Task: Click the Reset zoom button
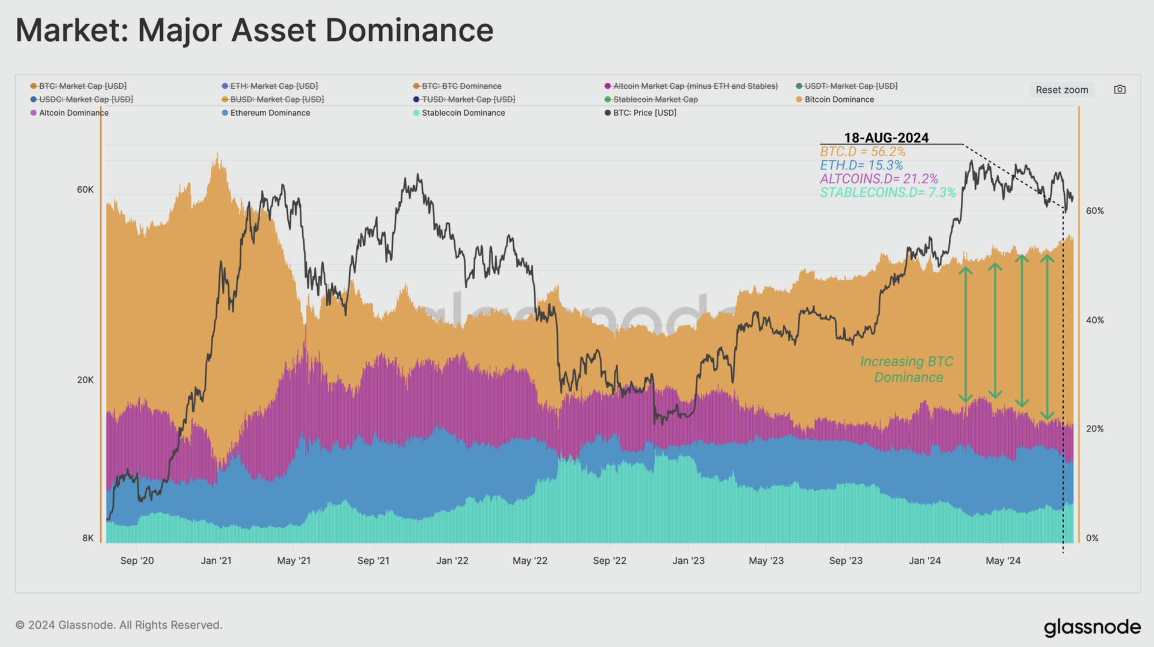pos(1061,90)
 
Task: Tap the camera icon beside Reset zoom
pos(1120,89)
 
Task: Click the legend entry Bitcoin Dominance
pos(839,100)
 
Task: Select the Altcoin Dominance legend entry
pos(74,113)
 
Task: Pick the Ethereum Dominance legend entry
pos(270,113)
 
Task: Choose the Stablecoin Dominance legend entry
pos(463,113)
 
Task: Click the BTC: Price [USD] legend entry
pos(644,113)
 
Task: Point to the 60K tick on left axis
pos(85,190)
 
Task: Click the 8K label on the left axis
pos(88,538)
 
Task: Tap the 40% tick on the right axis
pos(1095,320)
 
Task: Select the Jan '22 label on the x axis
pos(452,560)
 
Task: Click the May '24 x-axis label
pos(1003,560)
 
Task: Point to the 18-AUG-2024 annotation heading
pos(886,138)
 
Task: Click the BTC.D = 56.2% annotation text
pos(862,151)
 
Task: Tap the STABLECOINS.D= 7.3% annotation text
pos(887,192)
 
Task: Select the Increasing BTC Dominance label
pos(907,369)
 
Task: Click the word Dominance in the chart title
pos(409,30)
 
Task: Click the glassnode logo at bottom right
pos(1092,627)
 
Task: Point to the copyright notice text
pos(119,625)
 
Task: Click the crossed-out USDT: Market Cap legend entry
pos(851,86)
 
